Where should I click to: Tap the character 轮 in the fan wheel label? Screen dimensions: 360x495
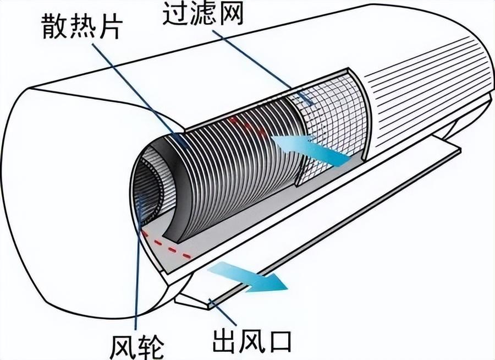coord(151,346)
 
